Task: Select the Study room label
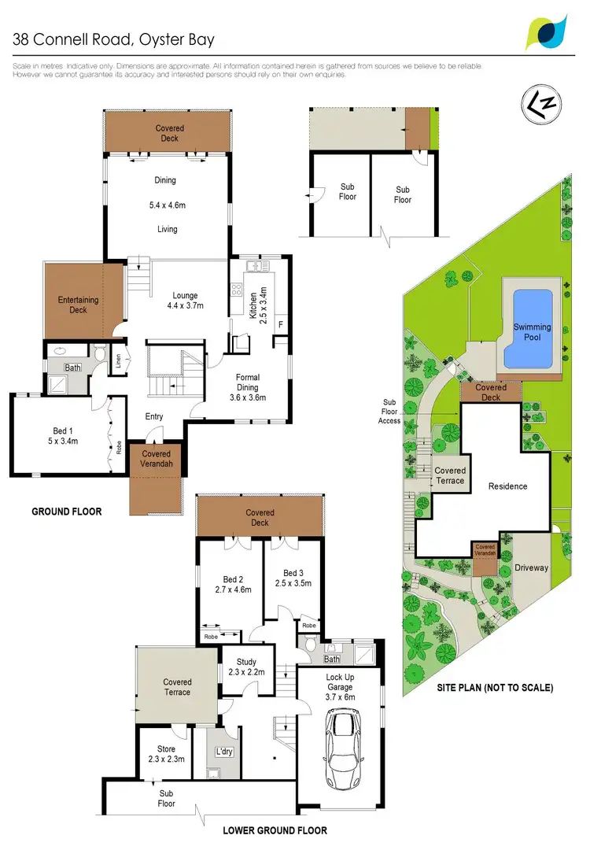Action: coord(246,666)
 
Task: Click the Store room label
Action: coord(166,754)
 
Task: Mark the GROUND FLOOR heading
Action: coord(67,512)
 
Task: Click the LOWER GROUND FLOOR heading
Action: coord(275,830)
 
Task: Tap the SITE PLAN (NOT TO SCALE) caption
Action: coord(495,687)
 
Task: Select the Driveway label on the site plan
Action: coord(531,567)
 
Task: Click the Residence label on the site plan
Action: coord(507,486)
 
